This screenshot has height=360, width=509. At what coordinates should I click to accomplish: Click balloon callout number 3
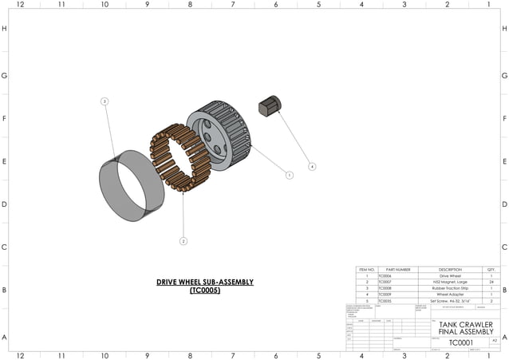point(105,101)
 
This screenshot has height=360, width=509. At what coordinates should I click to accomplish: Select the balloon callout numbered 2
point(183,240)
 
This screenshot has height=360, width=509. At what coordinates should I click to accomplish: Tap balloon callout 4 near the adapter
point(312,167)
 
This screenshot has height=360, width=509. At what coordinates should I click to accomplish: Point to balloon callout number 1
point(290,175)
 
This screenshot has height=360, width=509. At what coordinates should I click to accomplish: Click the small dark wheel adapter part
point(270,105)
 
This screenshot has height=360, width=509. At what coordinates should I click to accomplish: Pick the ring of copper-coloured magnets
point(180,157)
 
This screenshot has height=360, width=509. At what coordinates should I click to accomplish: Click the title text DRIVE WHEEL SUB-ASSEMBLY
point(204,283)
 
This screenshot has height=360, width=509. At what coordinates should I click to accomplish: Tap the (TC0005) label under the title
point(204,291)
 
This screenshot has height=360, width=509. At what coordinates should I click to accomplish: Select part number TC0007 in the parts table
point(386,283)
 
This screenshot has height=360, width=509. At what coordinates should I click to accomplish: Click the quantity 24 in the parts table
point(490,283)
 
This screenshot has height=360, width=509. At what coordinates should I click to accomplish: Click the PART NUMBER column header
point(397,270)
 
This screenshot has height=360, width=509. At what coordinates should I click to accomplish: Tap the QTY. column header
point(490,270)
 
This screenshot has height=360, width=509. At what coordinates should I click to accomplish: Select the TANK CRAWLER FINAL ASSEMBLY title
point(467,328)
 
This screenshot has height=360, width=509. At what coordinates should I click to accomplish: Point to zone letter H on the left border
point(5,29)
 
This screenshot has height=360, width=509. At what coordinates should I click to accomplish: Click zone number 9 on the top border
point(147,5)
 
